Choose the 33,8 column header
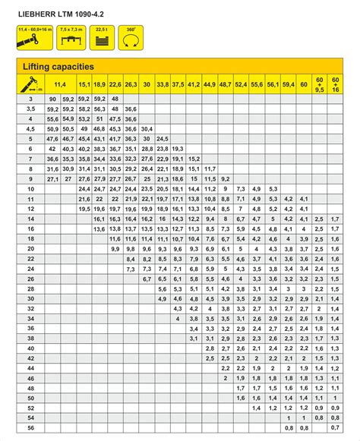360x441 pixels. tap(162, 84)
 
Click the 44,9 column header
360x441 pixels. tap(210, 84)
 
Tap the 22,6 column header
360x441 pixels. tap(115, 84)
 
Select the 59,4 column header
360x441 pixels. tap(288, 84)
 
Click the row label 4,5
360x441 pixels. tap(30, 129)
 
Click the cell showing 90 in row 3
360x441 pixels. tap(52, 99)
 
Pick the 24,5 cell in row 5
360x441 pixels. tap(162, 139)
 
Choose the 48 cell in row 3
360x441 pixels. tap(115, 99)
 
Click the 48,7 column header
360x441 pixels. tap(225, 84)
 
